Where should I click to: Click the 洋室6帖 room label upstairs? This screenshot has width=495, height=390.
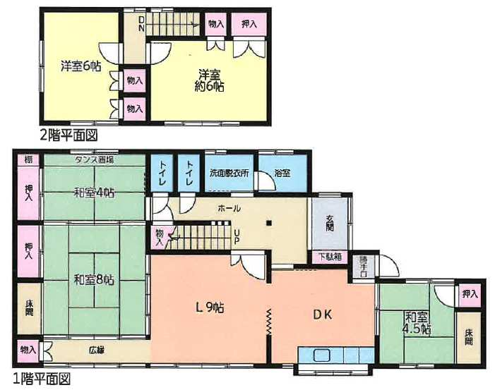click(80, 67)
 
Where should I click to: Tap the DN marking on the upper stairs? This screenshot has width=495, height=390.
click(141, 23)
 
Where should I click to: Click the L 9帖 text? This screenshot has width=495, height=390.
click(210, 307)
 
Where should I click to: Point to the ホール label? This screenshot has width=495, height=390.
click(229, 208)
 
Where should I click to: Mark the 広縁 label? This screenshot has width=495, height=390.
click(97, 349)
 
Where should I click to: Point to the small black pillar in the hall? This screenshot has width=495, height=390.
click(268, 224)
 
